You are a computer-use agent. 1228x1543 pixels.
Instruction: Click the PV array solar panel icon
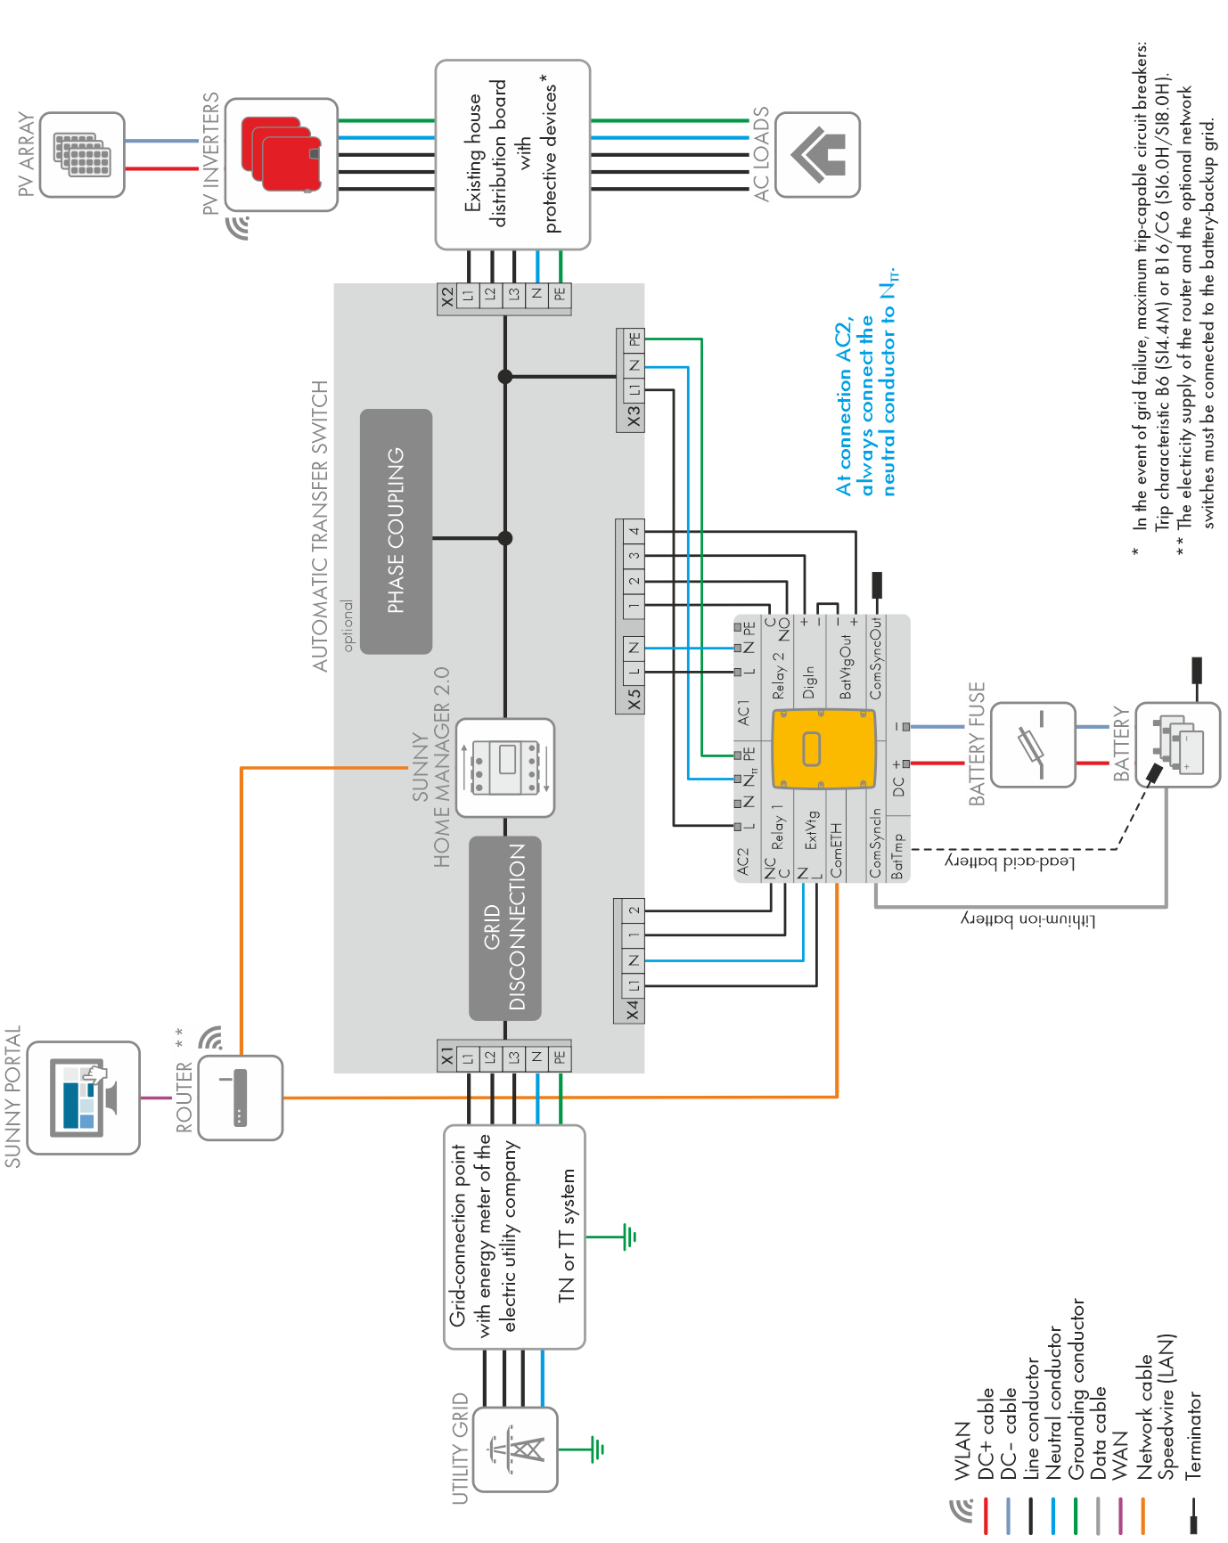click(x=82, y=154)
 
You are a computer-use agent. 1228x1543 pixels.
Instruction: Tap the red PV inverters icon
click(x=281, y=154)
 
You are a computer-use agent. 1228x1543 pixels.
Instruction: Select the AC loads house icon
click(x=818, y=154)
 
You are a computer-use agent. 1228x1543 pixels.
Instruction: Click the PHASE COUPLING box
click(x=397, y=531)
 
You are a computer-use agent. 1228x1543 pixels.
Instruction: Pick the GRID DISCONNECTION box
click(x=504, y=927)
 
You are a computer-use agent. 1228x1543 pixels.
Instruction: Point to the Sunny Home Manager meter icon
click(x=505, y=768)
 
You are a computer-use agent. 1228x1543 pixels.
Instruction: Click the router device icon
click(x=240, y=1098)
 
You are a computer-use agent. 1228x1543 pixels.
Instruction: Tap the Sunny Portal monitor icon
click(x=83, y=1098)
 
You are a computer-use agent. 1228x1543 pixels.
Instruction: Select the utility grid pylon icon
click(x=515, y=1449)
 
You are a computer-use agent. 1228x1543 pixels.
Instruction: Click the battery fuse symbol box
click(x=1034, y=745)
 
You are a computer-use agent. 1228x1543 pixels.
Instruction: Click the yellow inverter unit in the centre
click(x=823, y=749)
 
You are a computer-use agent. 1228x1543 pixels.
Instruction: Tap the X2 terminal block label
click(x=446, y=298)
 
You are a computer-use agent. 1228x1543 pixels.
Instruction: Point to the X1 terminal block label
click(x=446, y=1057)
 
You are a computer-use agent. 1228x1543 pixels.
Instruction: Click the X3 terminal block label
click(x=633, y=417)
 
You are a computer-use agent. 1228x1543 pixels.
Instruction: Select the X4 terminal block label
click(x=631, y=1009)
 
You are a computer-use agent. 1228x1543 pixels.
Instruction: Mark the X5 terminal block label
click(x=633, y=699)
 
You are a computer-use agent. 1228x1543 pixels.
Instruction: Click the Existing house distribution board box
click(x=512, y=155)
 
